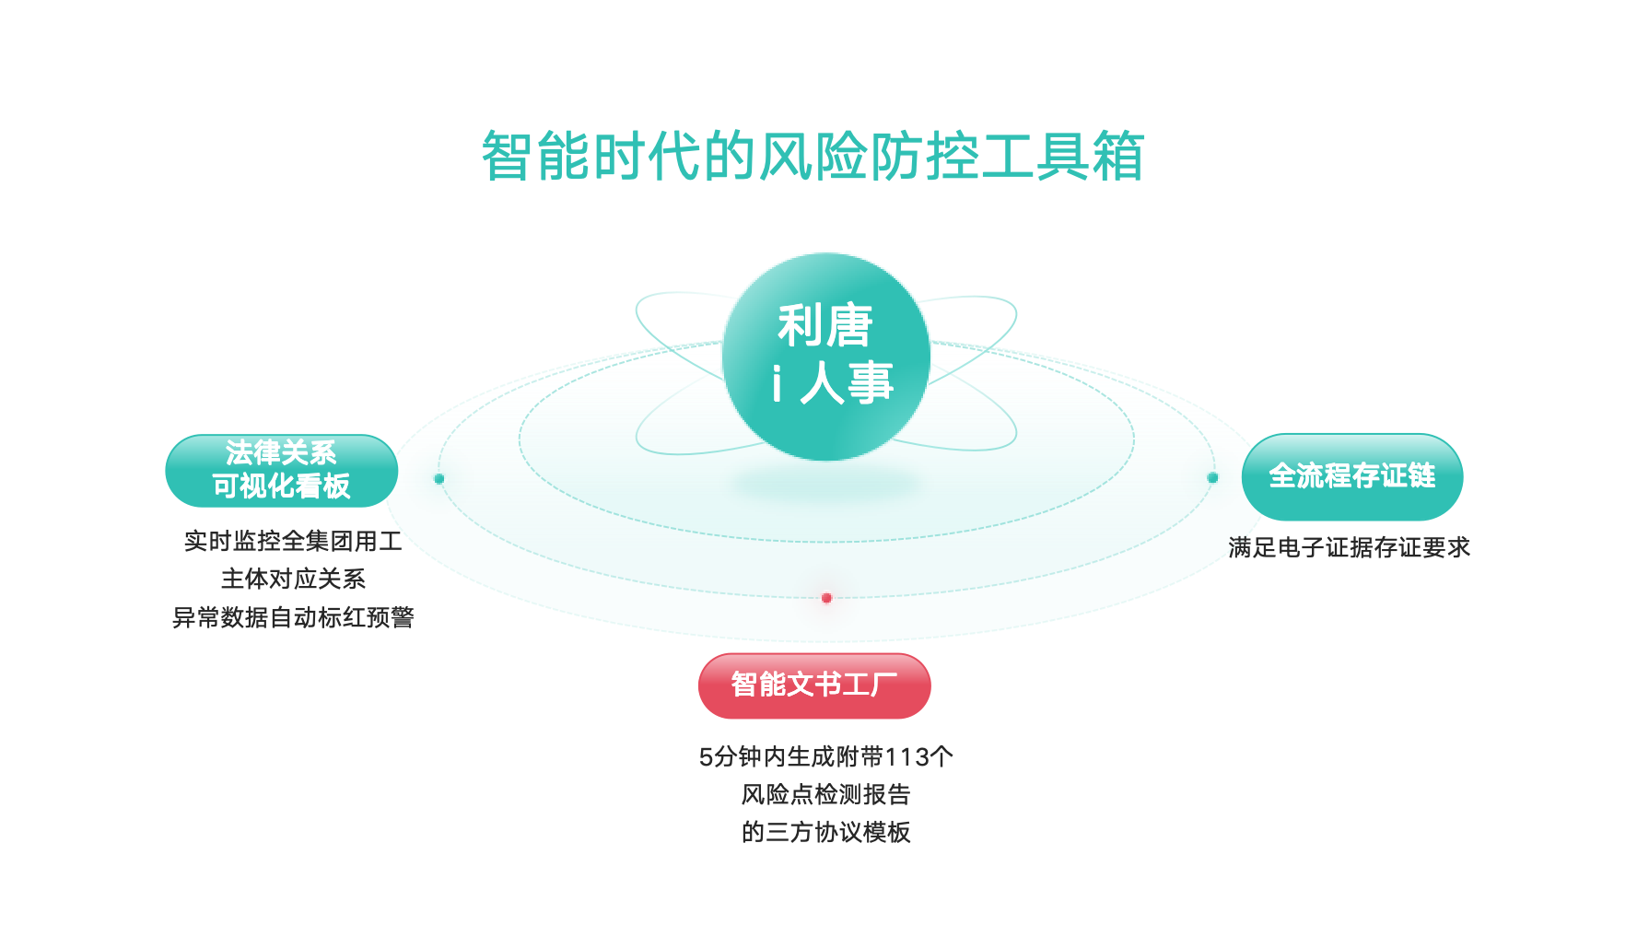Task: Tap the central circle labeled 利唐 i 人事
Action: [825, 357]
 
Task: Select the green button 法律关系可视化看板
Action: [281, 471]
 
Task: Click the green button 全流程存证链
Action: [1351, 476]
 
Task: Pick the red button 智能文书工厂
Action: [814, 685]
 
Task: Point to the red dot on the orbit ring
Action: [826, 598]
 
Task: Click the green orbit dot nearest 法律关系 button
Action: [439, 479]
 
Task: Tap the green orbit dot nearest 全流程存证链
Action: [1212, 477]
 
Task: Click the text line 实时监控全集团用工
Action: [293, 541]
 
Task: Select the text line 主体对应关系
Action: [293, 579]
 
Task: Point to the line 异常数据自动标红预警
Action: [293, 617]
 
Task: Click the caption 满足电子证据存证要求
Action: [1349, 547]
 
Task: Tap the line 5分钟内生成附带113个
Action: [825, 756]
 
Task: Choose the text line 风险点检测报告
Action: [825, 794]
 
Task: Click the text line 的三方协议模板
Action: [825, 832]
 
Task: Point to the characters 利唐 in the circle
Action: [824, 325]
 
